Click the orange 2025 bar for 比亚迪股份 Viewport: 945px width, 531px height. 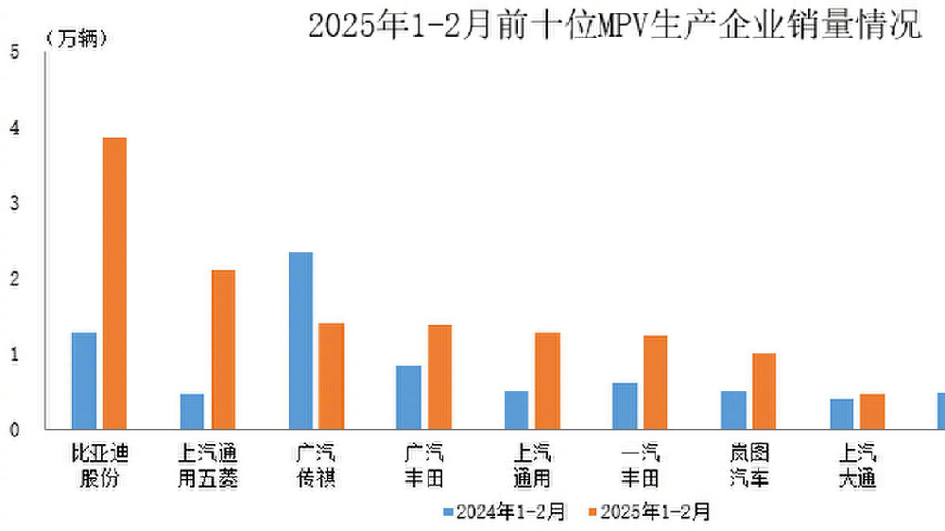click(x=114, y=283)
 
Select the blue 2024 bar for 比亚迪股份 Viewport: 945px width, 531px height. click(x=84, y=381)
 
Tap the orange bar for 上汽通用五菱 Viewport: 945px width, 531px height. click(x=223, y=350)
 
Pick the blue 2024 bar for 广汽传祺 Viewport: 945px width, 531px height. click(x=301, y=340)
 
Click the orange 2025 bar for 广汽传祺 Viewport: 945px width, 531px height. click(x=331, y=376)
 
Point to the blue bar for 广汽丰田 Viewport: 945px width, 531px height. click(x=408, y=397)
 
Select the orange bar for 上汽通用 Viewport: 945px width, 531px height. click(x=548, y=381)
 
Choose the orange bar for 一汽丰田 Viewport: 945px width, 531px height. click(x=656, y=382)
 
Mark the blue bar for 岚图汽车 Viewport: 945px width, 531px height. click(x=733, y=410)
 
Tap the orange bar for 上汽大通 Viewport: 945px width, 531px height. click(x=872, y=412)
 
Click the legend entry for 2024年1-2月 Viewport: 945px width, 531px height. click(x=505, y=512)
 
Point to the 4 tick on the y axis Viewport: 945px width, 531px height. click(x=14, y=128)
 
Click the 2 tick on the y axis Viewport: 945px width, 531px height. click(x=14, y=279)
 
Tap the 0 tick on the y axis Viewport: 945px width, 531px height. click(x=14, y=430)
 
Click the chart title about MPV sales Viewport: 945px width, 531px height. click(x=614, y=26)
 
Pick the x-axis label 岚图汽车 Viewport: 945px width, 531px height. click(x=749, y=466)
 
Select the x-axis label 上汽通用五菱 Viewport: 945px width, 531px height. click(x=208, y=466)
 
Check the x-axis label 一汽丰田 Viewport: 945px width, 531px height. click(x=640, y=466)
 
